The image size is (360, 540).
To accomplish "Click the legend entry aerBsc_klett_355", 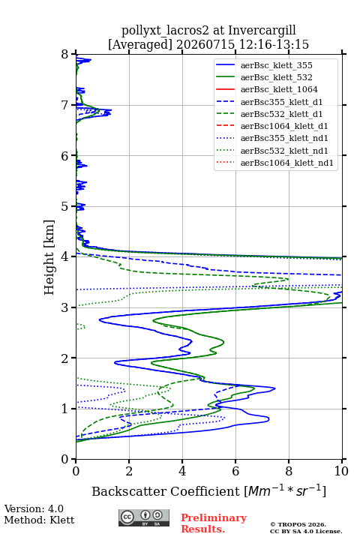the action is click(x=264, y=65).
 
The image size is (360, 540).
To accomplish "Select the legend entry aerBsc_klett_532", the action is click(x=264, y=77).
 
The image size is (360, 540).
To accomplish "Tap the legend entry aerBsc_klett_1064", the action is click(x=267, y=89).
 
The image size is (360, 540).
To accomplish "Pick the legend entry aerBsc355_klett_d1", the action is click(x=269, y=102).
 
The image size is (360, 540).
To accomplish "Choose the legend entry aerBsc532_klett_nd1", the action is click(x=271, y=151).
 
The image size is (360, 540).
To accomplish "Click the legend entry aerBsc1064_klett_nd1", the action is click(x=274, y=163).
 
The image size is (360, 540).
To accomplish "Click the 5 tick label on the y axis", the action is click(x=64, y=206).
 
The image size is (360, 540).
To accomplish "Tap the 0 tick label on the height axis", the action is click(x=64, y=459).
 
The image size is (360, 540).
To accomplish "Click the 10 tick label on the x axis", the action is click(x=341, y=471).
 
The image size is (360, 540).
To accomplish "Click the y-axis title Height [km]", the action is click(x=49, y=257).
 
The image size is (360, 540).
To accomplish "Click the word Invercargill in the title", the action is click(x=262, y=30).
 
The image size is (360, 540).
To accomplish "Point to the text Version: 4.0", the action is click(x=34, y=508).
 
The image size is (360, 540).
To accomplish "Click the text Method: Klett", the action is click(x=39, y=520).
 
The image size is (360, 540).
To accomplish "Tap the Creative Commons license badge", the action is click(x=144, y=517).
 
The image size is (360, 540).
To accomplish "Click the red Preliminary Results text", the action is click(x=214, y=523).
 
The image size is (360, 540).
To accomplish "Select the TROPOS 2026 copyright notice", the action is click(x=298, y=524).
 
